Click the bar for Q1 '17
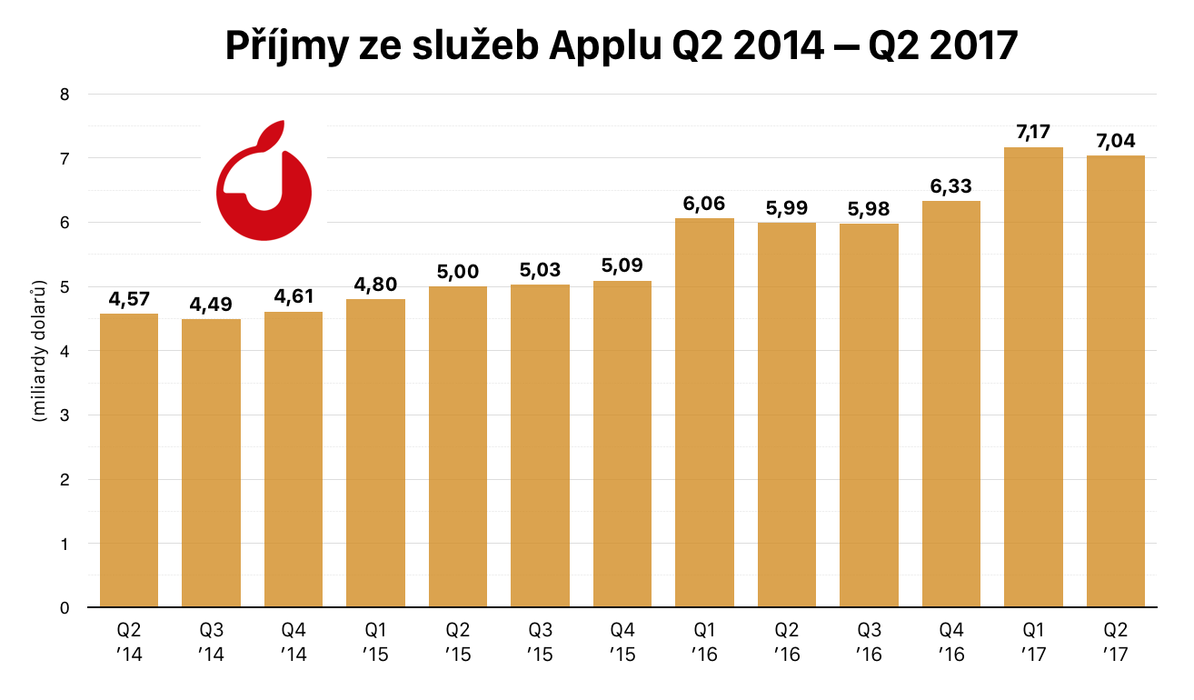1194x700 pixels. (1033, 377)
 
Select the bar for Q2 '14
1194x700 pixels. (129, 460)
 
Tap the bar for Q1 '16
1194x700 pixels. (704, 413)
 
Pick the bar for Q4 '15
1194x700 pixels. (622, 444)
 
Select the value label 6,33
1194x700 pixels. (951, 187)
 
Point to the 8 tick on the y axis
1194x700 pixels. (65, 95)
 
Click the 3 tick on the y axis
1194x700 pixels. (65, 415)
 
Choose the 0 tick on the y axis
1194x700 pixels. (65, 607)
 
